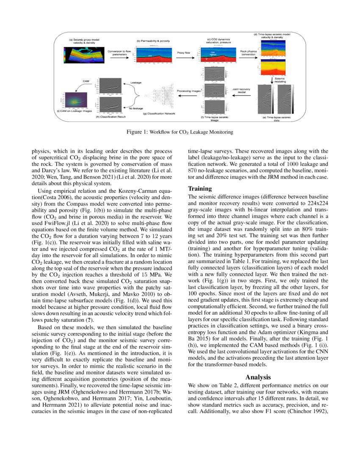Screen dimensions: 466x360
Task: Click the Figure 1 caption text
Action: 180,132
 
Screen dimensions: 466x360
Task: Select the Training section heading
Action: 201,188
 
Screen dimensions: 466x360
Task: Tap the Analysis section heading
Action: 259,377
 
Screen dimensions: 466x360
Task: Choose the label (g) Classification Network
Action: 158,114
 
